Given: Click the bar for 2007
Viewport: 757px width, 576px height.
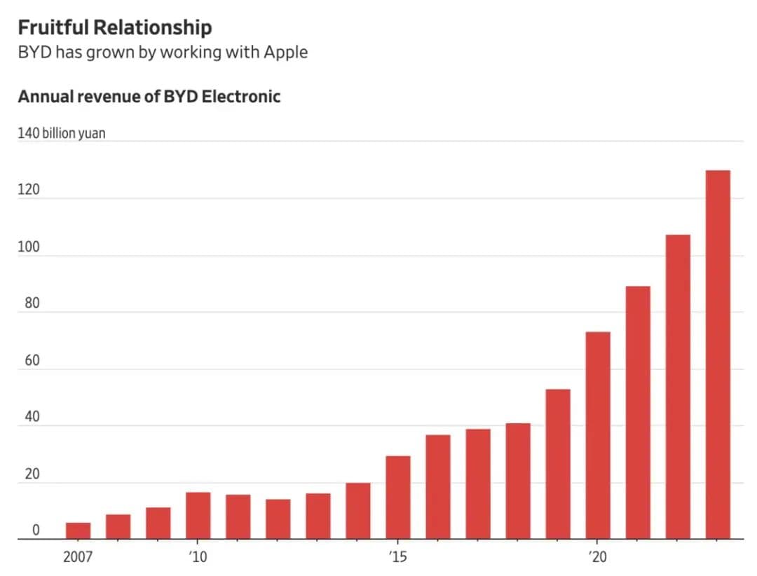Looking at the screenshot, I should click(x=78, y=531).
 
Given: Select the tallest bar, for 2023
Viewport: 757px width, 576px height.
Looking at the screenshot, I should click(x=718, y=355).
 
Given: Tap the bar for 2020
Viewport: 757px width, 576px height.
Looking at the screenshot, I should click(x=598, y=435).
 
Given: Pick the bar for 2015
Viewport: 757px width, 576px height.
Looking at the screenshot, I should click(x=398, y=498).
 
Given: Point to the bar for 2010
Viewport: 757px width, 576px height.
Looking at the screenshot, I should click(x=198, y=516).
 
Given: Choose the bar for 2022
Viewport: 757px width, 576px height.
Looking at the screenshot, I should click(x=678, y=387).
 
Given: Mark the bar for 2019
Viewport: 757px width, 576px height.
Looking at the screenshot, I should click(x=558, y=464).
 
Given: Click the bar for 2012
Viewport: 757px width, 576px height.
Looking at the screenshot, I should click(x=278, y=519).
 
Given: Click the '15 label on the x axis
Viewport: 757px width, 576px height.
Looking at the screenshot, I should click(x=397, y=558).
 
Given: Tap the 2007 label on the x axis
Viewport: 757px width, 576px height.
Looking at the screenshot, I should click(x=78, y=558).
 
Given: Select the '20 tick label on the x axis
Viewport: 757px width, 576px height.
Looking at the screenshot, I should click(x=597, y=558).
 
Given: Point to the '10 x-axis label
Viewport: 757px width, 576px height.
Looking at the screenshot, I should click(x=198, y=558).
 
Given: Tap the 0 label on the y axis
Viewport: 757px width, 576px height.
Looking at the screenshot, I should click(x=36, y=531).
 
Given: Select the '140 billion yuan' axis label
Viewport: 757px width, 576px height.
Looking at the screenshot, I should click(x=62, y=132).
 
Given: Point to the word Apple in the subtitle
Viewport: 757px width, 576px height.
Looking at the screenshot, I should click(x=285, y=53).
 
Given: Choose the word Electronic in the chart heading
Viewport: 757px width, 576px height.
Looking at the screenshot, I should click(x=241, y=97).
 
